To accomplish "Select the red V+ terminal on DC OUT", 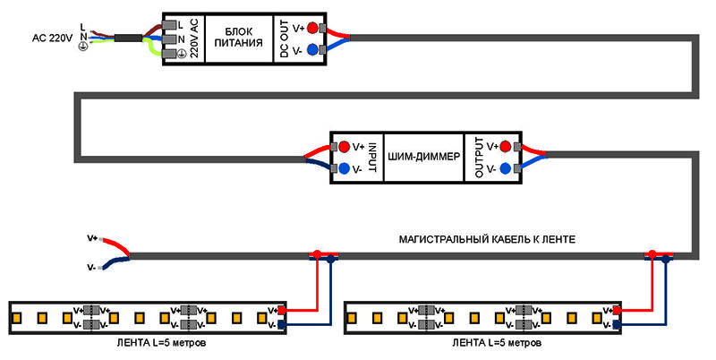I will pyautogui.click(x=312, y=27).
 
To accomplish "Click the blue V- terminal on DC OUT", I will pyautogui.click(x=312, y=50).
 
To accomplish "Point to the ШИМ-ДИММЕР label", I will pyautogui.click(x=423, y=157).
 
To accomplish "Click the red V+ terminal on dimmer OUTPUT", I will pyautogui.click(x=506, y=146).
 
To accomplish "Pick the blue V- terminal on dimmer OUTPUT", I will pyautogui.click(x=506, y=168).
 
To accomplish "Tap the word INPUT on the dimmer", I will pyautogui.click(x=375, y=157).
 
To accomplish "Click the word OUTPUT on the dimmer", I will pyautogui.click(x=479, y=157).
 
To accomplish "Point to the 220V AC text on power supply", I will pyautogui.click(x=193, y=39).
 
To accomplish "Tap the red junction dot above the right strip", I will pyautogui.click(x=652, y=254).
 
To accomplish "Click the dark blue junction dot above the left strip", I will pyautogui.click(x=329, y=261).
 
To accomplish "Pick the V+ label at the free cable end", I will pyautogui.click(x=91, y=238).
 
